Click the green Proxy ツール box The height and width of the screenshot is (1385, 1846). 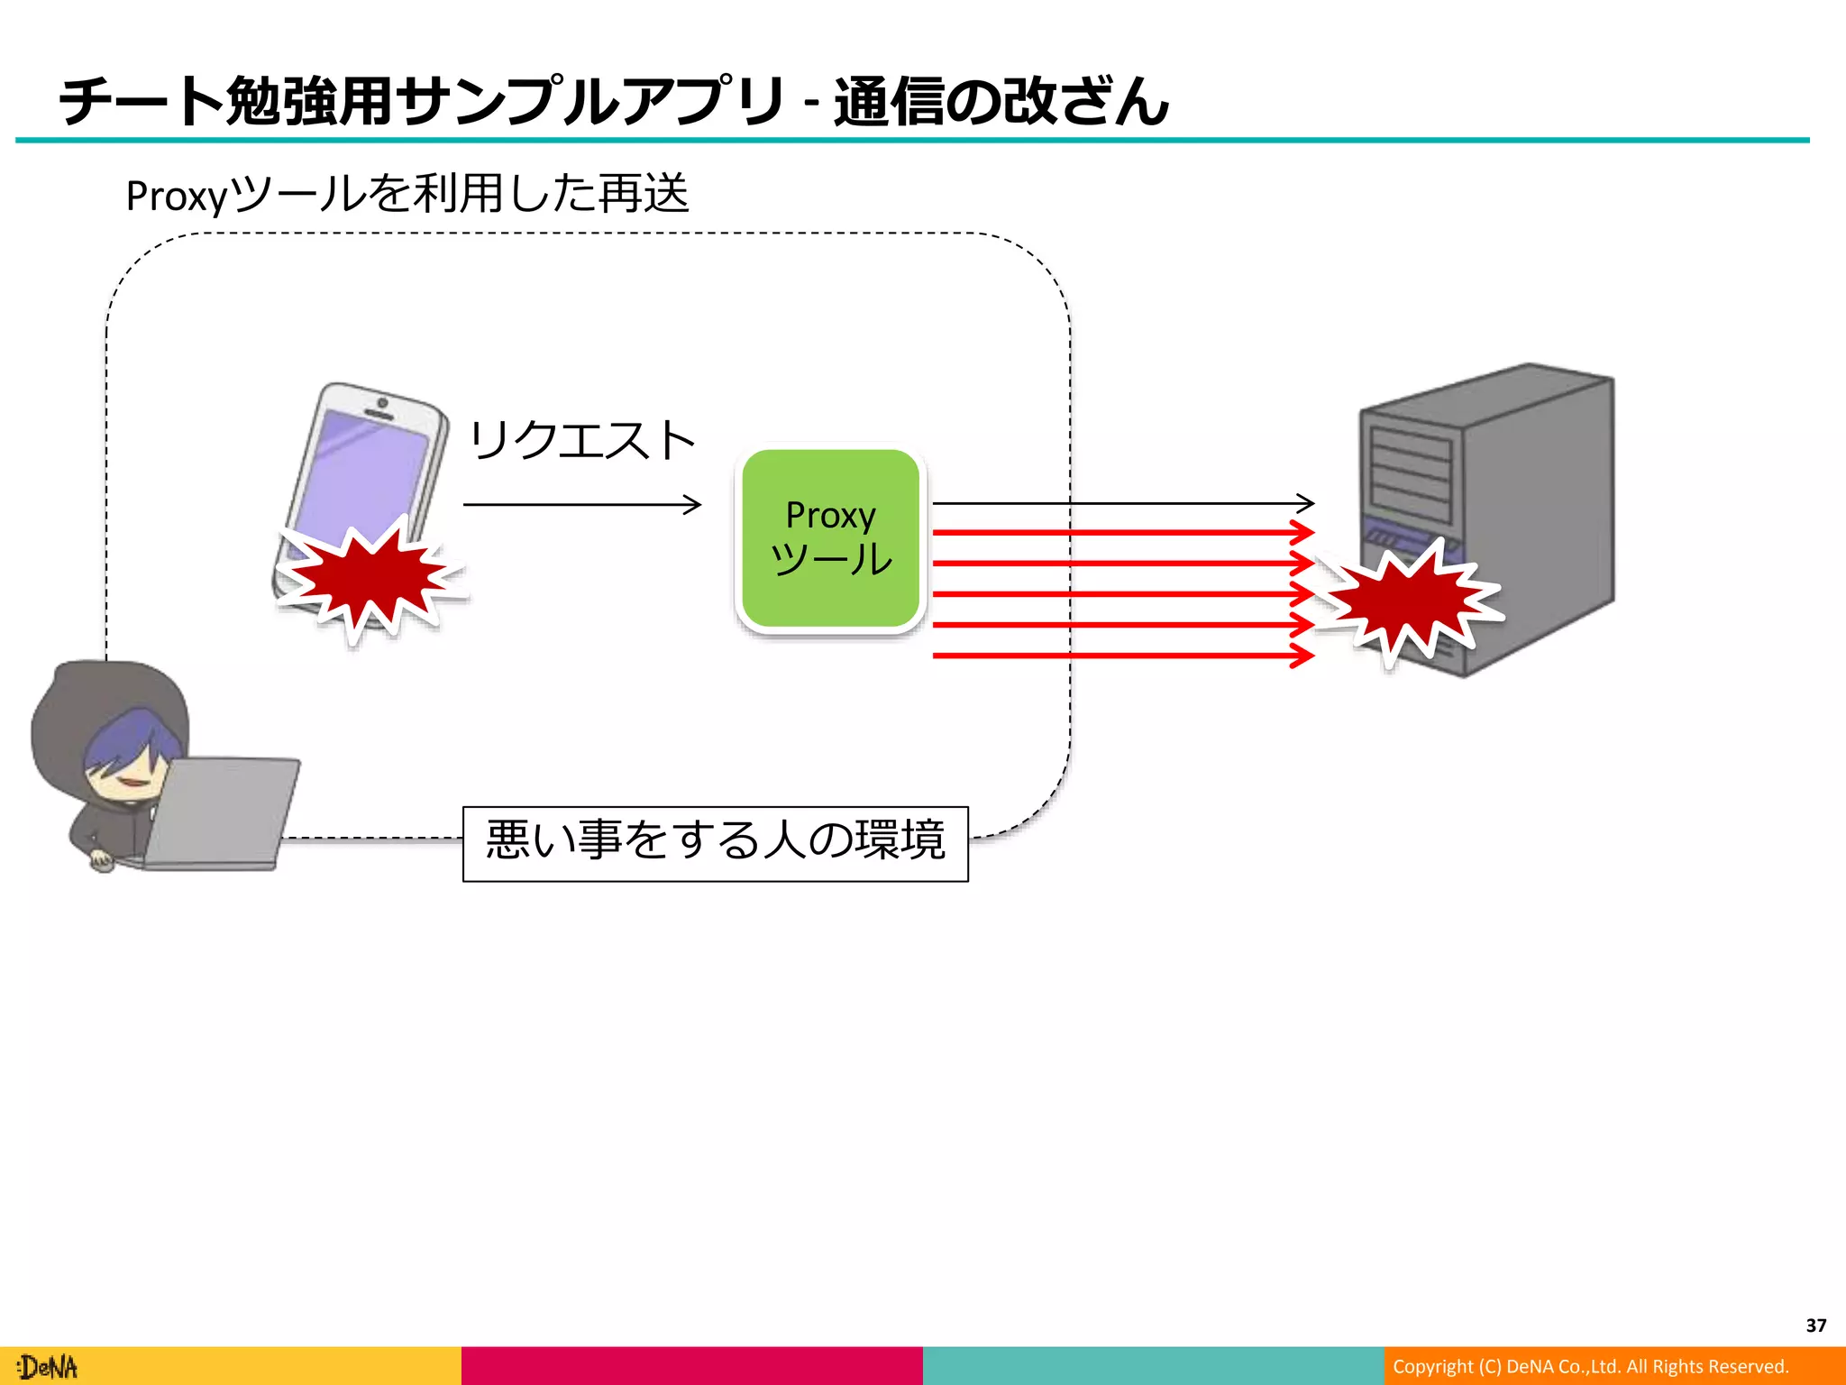830,538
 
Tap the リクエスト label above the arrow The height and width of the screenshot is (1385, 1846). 581,441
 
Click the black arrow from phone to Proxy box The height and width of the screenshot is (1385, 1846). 581,504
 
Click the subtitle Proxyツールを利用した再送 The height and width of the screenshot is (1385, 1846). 407,194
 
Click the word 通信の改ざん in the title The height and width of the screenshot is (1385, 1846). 1001,101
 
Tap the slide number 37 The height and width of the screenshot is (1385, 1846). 1815,1325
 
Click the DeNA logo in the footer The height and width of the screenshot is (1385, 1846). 49,1367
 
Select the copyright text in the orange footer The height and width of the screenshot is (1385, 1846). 1590,1366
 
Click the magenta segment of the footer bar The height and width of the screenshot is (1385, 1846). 691,1365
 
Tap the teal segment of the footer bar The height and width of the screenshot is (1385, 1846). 1153,1365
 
